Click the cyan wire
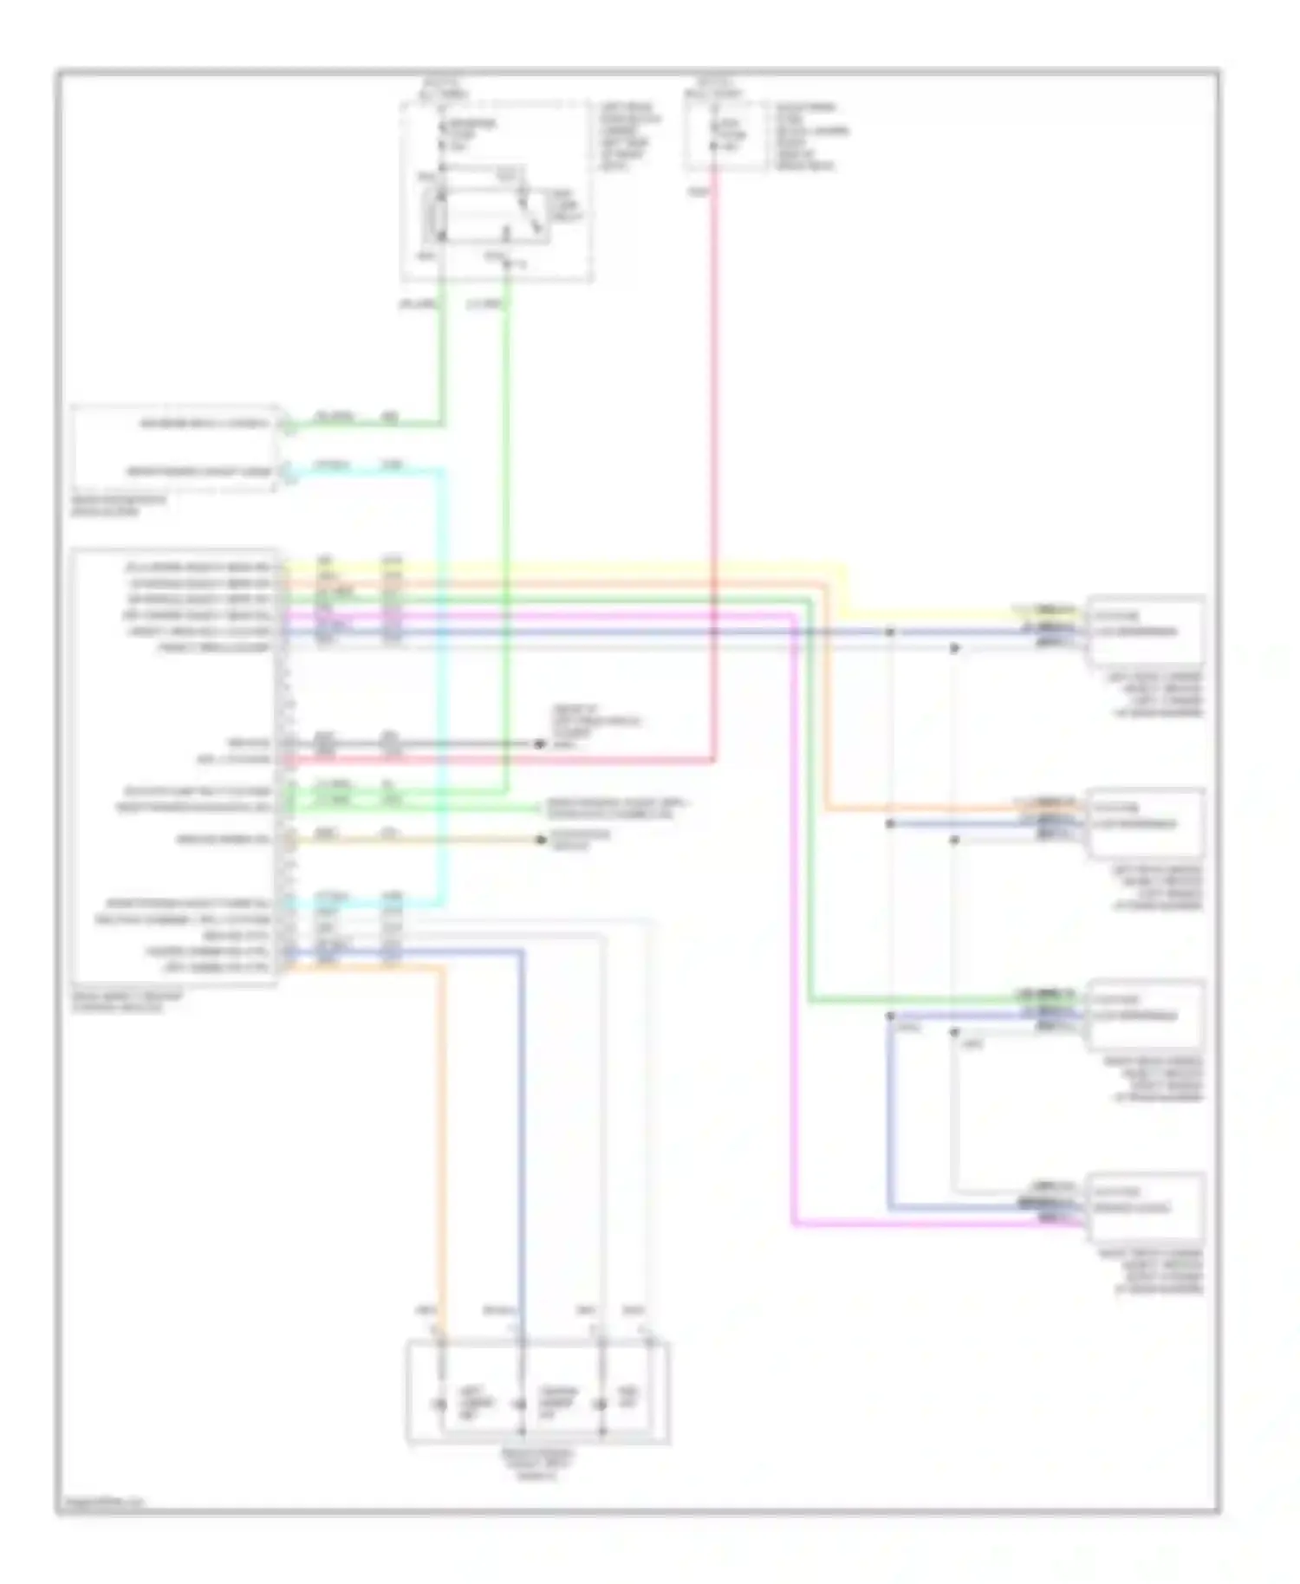pos(444,693)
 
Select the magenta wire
pos(794,953)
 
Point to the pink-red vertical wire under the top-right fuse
pos(715,433)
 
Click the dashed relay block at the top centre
pos(497,192)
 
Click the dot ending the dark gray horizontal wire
pos(539,743)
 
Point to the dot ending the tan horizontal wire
pos(541,840)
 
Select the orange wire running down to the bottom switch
pos(444,1126)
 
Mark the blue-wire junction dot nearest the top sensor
pos(890,632)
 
